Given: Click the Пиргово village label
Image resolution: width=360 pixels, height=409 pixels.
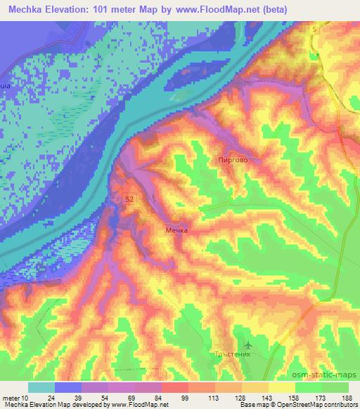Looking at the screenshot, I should [x=232, y=161].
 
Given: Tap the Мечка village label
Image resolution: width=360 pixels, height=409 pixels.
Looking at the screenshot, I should [x=177, y=230].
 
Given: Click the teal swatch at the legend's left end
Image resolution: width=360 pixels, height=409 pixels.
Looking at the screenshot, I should [x=41, y=387].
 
